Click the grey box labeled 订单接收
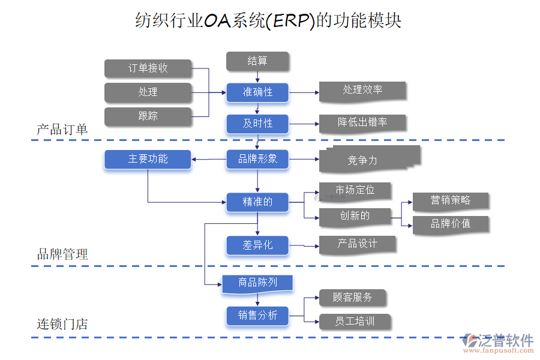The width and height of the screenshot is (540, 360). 148,68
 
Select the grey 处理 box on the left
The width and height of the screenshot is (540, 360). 148,92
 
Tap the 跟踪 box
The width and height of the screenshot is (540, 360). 148,116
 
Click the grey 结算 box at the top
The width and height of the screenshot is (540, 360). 257,61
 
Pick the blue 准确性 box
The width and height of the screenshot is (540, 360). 257,92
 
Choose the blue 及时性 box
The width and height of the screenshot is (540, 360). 257,124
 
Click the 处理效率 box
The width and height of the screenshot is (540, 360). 362,91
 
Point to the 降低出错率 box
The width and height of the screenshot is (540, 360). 362,123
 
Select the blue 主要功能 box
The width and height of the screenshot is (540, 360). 148,159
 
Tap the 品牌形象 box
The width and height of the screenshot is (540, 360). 257,159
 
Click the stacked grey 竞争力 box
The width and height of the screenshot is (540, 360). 362,160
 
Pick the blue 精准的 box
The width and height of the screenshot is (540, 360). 257,202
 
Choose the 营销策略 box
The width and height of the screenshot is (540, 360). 450,201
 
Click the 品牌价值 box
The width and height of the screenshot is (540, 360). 450,224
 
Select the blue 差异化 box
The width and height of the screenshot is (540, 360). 257,245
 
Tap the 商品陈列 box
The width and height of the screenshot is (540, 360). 257,283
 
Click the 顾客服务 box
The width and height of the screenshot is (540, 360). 352,298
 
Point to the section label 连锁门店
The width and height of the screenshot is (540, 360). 62,324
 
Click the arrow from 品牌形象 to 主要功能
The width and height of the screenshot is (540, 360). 209,159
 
